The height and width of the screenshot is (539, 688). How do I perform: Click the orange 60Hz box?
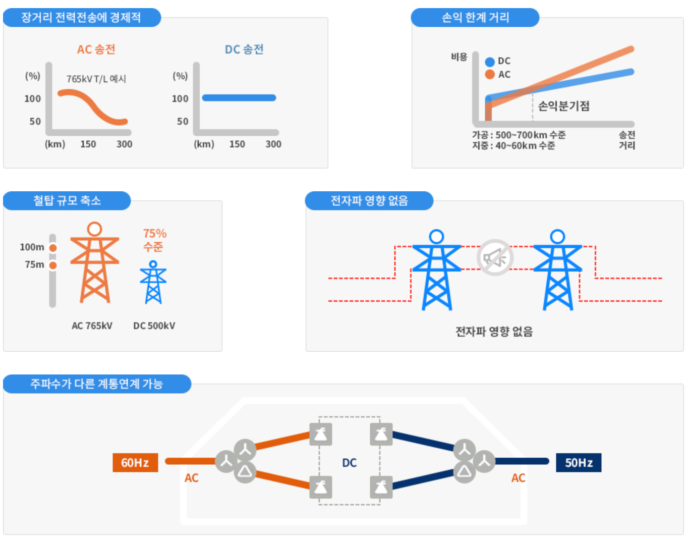[x=135, y=462]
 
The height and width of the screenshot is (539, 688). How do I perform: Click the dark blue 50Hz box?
[x=578, y=462]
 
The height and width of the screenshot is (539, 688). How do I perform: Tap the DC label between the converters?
[x=349, y=462]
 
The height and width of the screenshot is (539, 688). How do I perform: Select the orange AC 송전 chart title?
[x=96, y=49]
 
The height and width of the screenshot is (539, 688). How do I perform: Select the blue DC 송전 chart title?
[x=244, y=49]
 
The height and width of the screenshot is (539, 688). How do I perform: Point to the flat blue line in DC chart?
[x=239, y=97]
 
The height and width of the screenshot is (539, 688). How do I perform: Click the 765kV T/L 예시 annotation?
[x=96, y=79]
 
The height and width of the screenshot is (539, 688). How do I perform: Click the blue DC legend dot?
[x=489, y=62]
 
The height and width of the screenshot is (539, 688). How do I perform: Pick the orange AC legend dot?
[x=489, y=75]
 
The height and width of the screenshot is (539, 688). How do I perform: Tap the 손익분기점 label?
[x=564, y=106]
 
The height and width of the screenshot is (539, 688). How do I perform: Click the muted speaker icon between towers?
[x=495, y=257]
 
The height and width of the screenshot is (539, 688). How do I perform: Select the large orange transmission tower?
[x=94, y=263]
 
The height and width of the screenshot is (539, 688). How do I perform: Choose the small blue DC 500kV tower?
[x=153, y=283]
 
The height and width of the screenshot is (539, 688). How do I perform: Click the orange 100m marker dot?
[x=53, y=248]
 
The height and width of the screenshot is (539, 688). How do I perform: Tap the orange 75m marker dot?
[x=53, y=265]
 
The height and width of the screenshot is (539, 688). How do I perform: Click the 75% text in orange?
[x=154, y=234]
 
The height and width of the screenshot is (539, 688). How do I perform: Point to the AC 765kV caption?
[x=92, y=326]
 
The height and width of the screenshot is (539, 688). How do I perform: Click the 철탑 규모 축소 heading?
[x=67, y=201]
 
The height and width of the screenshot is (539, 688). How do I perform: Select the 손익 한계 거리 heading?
[x=475, y=18]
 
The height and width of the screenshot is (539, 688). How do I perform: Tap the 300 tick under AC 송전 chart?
[x=124, y=144]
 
